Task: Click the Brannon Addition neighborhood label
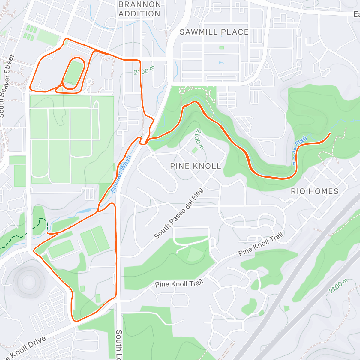click(x=139, y=9)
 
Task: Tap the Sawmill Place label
click(x=214, y=32)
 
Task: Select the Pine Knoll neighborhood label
click(x=196, y=166)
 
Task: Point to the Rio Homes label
click(x=315, y=191)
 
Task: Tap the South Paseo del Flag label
click(x=179, y=213)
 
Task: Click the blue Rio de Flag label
click(x=300, y=150)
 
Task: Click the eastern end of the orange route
click(x=330, y=133)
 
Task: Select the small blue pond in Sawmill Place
click(x=221, y=63)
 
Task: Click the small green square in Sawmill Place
click(x=222, y=48)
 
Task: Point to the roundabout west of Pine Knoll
click(x=153, y=154)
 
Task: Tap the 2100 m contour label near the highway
click(x=338, y=286)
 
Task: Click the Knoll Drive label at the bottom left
click(x=25, y=348)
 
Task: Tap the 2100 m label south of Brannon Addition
click(x=144, y=70)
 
